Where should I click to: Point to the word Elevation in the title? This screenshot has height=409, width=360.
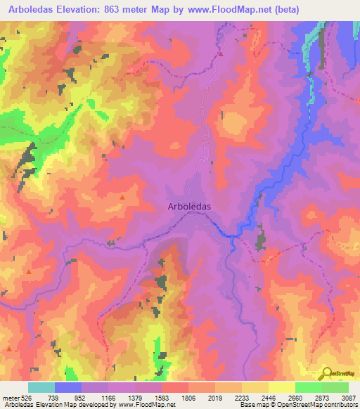tap(85, 10)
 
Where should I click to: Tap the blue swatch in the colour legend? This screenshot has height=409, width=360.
tap(69, 387)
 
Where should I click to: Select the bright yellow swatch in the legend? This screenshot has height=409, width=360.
tap(282, 387)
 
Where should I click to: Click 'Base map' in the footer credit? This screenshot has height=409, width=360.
tap(252, 405)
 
